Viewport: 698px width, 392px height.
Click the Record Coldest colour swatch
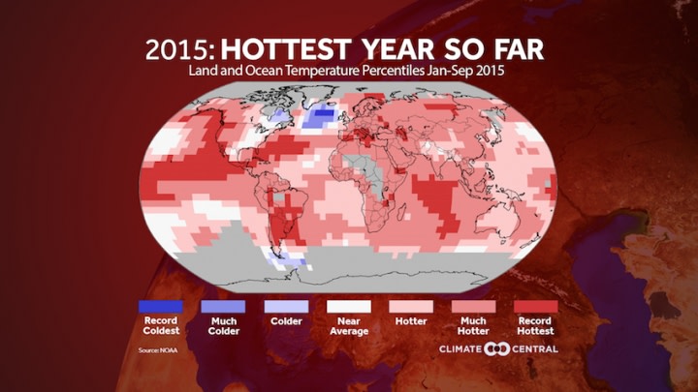tap(160, 306)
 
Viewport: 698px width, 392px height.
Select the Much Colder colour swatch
tap(223, 306)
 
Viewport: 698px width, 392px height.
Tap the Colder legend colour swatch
tap(286, 306)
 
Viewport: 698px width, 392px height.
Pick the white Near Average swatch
tap(348, 306)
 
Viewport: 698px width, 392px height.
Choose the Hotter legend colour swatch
tap(411, 306)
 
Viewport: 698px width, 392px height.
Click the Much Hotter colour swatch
tap(474, 306)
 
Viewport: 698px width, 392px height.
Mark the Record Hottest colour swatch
tap(537, 306)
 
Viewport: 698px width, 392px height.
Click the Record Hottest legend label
tap(537, 326)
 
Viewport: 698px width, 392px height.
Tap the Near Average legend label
tap(348, 326)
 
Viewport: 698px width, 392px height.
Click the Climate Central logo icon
tap(496, 348)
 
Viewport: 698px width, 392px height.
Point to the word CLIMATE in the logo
tap(462, 348)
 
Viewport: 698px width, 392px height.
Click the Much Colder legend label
tap(223, 326)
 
